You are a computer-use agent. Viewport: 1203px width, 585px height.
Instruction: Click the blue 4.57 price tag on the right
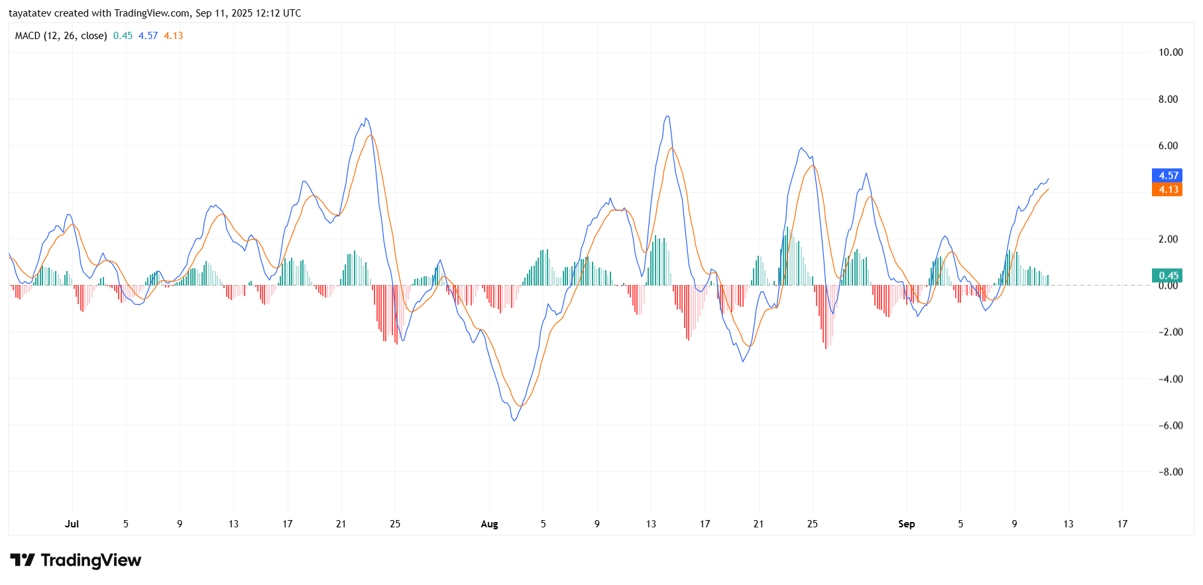[1168, 176]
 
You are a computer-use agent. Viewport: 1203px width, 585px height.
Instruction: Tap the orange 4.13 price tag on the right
[1168, 189]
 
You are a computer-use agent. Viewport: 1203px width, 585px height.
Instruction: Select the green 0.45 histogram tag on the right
[1168, 276]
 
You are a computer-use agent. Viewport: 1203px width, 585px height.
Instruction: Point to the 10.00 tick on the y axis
[1170, 52]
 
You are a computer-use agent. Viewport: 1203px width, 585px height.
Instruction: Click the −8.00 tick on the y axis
[1170, 472]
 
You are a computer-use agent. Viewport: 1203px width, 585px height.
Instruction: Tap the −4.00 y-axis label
[1170, 379]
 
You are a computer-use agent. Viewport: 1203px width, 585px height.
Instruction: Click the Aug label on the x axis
[489, 524]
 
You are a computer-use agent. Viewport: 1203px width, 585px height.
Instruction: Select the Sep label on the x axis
[906, 524]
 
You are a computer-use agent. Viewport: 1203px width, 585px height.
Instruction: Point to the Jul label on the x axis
[72, 524]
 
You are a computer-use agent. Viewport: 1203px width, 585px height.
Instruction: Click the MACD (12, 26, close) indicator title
[61, 36]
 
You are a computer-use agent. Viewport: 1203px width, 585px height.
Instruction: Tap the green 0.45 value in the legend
[123, 36]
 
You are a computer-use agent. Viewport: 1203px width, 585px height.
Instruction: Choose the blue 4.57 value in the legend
[148, 36]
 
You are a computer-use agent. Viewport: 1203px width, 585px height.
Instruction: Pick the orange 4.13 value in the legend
[174, 36]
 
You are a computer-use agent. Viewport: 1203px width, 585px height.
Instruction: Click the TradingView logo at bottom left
[76, 560]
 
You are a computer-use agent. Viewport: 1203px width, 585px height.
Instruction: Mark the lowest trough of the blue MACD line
[514, 421]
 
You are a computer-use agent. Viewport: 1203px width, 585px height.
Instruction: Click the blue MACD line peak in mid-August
[667, 117]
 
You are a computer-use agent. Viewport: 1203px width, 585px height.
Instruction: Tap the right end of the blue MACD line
[1049, 178]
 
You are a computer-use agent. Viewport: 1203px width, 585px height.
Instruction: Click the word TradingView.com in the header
[152, 13]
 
